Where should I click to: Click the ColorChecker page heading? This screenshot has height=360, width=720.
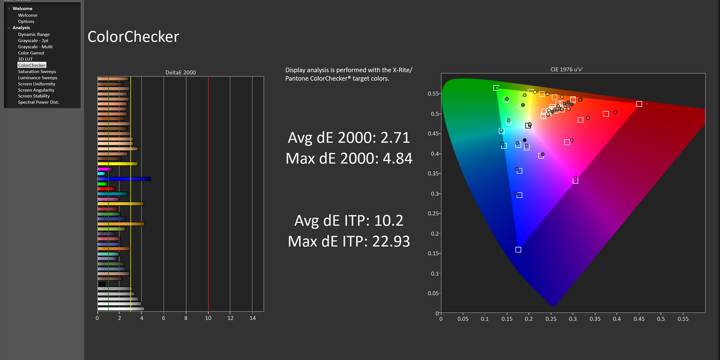[133, 37]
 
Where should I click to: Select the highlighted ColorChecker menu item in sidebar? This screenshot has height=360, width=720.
[32, 65]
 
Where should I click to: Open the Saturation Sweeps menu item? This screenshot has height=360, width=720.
[37, 72]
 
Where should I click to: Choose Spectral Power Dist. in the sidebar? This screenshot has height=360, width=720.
[38, 102]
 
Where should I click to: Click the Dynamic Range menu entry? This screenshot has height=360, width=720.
[34, 34]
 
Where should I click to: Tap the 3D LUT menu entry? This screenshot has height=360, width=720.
[25, 59]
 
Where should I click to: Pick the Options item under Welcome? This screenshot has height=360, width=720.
[26, 21]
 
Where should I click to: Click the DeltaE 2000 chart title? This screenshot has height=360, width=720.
[180, 72]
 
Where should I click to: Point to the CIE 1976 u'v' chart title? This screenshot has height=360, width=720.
[566, 69]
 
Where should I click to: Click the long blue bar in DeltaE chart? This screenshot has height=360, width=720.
[124, 179]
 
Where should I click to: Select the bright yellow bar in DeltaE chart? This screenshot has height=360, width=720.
[117, 163]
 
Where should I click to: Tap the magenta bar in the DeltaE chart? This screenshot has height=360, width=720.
[105, 169]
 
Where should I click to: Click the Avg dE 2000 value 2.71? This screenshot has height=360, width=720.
[395, 138]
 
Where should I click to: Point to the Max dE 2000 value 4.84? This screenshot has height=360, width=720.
[397, 158]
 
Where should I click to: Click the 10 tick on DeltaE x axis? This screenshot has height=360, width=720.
[208, 318]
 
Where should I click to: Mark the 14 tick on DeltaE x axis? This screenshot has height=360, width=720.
[253, 318]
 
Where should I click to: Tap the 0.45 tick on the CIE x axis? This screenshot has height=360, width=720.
[639, 319]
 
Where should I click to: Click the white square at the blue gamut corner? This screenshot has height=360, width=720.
[518, 250]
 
